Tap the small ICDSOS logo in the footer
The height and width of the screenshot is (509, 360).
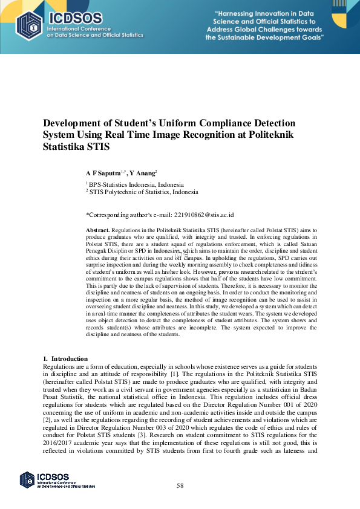coord(27,479)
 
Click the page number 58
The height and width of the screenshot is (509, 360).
coord(180,485)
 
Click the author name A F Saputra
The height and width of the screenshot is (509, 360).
coord(103,173)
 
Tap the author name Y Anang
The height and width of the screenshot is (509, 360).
coord(143,173)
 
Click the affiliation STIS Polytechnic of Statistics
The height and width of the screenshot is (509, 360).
coord(143,192)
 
